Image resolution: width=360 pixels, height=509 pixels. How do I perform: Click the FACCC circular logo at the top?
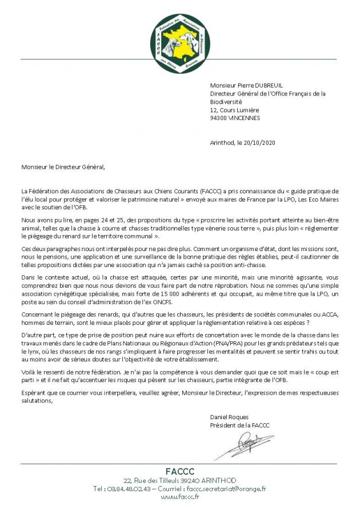coord(180,39)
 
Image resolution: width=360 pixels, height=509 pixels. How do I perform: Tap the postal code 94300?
coord(219,118)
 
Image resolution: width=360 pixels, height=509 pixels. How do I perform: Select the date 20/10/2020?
coord(261,142)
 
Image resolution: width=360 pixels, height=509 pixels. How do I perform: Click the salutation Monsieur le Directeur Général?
coord(64,167)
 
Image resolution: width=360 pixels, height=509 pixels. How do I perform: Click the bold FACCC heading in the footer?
coord(180,471)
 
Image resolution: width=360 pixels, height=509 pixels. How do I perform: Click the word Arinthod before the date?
coord(223,142)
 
